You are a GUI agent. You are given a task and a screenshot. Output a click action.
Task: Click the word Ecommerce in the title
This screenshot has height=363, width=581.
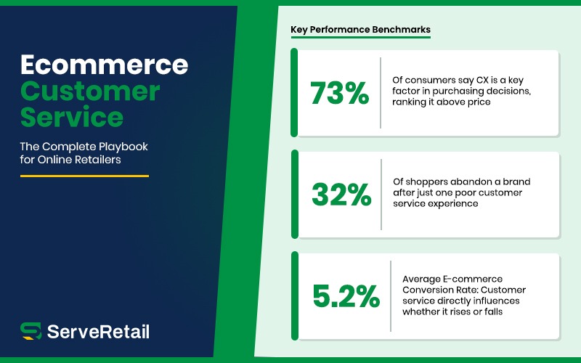104,65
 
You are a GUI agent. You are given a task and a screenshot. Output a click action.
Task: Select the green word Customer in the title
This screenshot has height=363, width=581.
89,91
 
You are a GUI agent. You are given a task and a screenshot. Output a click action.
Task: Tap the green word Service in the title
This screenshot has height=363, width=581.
71,117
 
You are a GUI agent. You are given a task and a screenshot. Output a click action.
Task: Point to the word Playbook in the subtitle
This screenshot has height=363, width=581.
122,146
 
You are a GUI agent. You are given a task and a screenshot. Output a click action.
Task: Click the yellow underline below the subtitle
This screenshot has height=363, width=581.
84,175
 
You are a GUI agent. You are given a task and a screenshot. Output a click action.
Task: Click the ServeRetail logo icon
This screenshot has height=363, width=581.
31,331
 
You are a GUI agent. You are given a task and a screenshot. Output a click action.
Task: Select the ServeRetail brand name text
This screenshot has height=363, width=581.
98,332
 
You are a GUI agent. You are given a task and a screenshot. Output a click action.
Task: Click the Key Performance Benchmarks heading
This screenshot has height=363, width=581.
360,30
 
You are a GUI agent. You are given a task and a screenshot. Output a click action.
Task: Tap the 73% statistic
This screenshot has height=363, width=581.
339,93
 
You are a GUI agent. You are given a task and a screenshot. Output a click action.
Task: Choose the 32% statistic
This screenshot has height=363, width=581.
341,195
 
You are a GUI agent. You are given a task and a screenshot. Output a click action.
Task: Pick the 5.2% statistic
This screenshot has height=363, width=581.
346,295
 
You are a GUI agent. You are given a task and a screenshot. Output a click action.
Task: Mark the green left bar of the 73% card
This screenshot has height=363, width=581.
294,93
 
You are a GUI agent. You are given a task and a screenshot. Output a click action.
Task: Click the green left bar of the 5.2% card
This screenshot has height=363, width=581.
294,295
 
